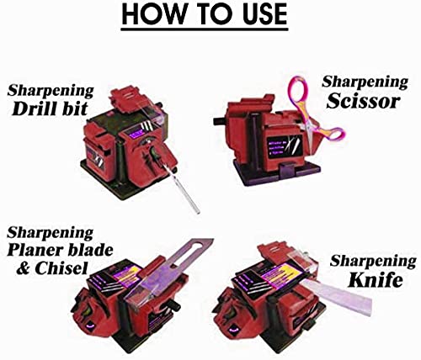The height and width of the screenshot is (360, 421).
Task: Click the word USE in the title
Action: click(x=260, y=15)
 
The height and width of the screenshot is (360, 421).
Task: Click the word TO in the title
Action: click(x=206, y=15)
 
